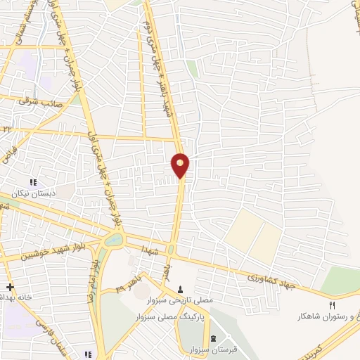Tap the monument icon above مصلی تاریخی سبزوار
tap(181, 290)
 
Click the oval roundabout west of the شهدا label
tap(112, 241)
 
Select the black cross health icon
tap(10, 287)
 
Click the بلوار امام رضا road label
tap(92, 281)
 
